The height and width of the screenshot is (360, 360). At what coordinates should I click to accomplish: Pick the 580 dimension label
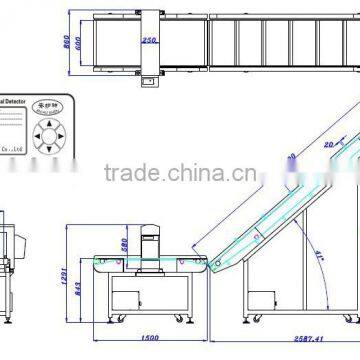(124, 244)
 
